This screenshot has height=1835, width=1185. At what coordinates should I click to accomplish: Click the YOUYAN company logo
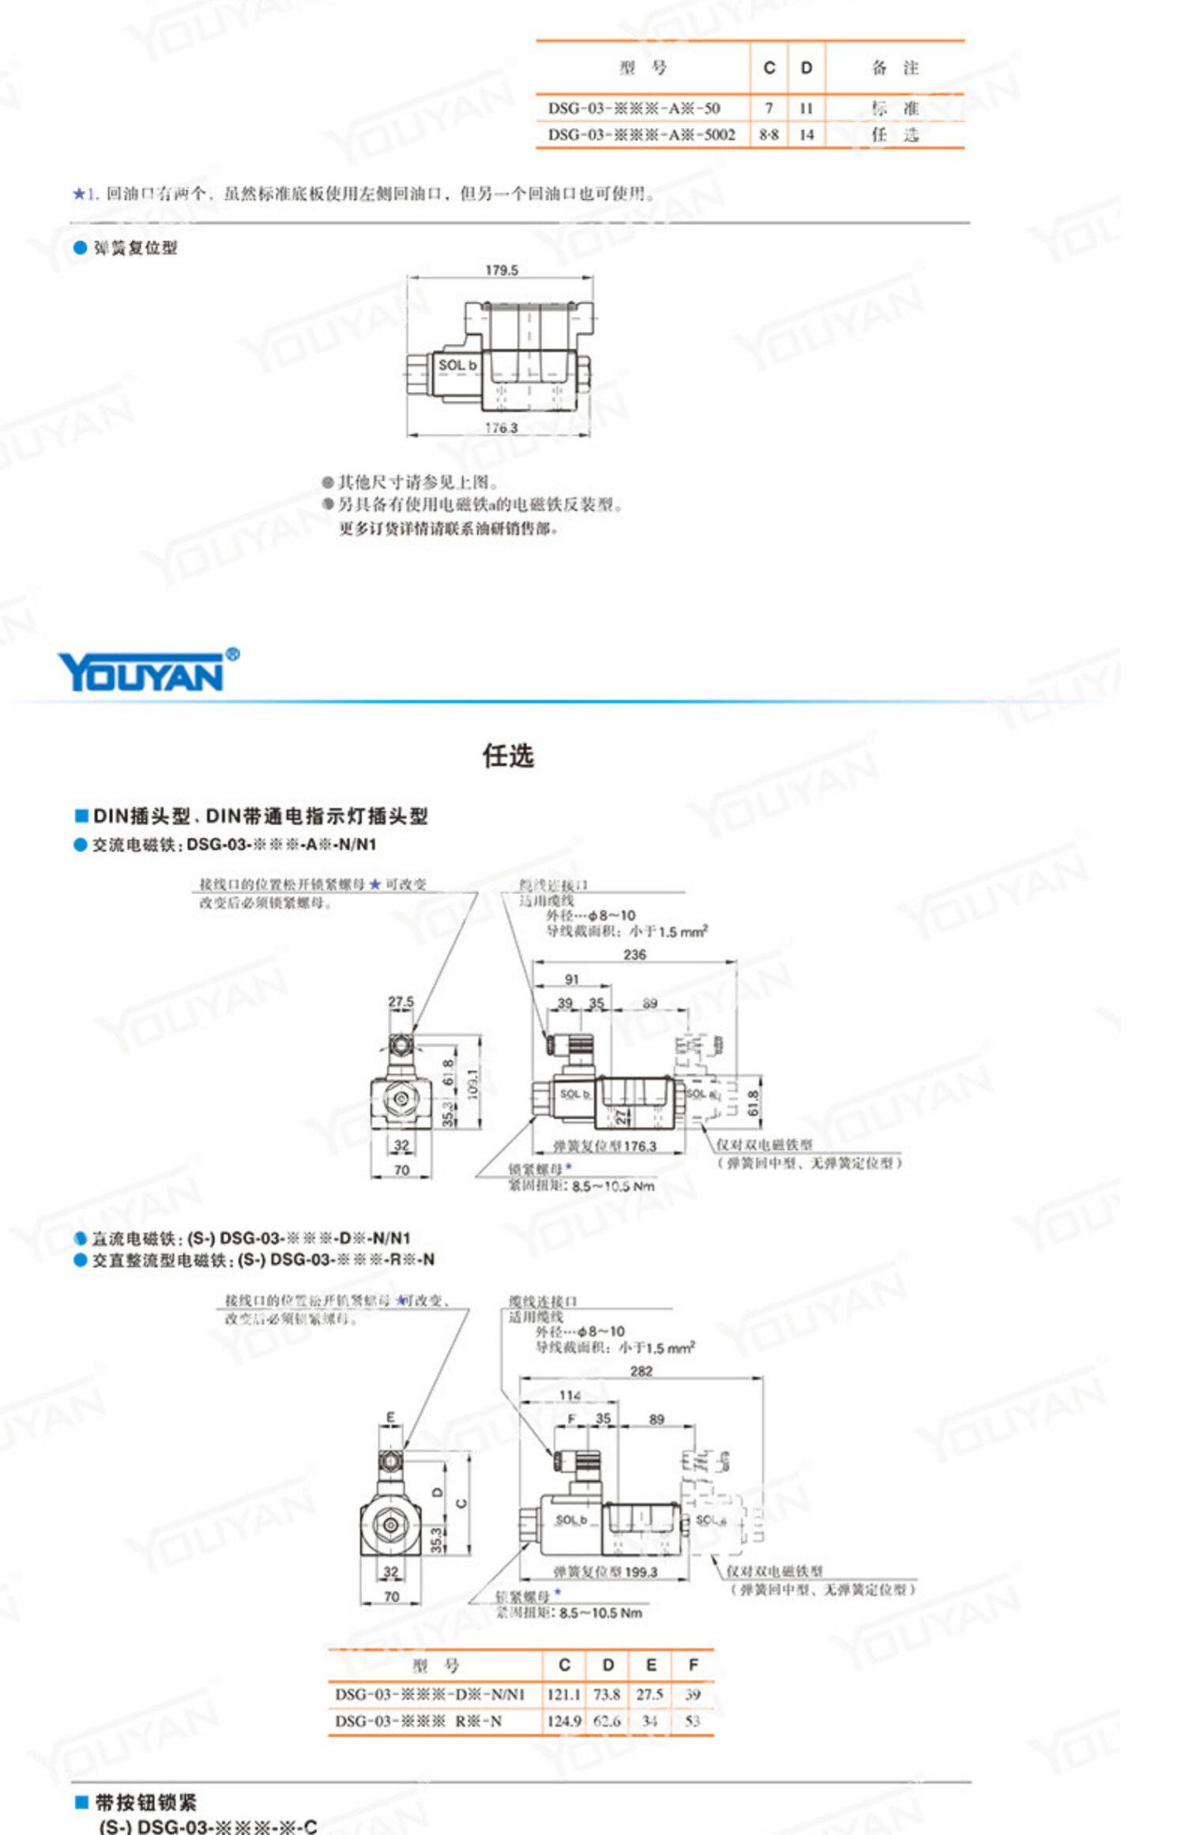[147, 672]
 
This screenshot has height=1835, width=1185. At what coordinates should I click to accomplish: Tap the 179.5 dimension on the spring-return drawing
[502, 270]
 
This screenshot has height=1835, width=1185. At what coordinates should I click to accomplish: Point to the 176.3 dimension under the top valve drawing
[502, 428]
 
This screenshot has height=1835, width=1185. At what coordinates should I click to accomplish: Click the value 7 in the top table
[769, 107]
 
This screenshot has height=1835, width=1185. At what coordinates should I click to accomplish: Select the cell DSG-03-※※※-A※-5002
[641, 134]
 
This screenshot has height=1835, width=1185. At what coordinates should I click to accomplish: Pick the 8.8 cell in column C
[769, 134]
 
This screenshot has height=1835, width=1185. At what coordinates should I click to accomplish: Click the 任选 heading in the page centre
[508, 755]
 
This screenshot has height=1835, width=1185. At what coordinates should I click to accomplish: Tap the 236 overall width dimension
[634, 954]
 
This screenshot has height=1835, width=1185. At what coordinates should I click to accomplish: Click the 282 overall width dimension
[641, 1370]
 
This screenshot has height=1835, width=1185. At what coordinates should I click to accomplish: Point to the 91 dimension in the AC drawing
[572, 979]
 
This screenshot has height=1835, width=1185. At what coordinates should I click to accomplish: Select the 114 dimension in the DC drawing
[570, 1395]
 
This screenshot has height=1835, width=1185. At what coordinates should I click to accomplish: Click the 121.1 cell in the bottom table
[564, 1694]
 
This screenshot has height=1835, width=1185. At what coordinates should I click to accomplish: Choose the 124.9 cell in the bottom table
[564, 1720]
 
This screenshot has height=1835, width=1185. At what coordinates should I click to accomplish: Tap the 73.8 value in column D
[607, 1694]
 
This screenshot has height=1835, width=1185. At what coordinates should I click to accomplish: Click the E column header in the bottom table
[651, 1665]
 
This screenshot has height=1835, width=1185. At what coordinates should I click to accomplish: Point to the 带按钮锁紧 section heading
[146, 1802]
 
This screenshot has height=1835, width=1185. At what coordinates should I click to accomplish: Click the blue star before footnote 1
[78, 194]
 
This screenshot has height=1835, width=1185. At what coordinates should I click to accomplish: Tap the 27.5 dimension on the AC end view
[401, 1001]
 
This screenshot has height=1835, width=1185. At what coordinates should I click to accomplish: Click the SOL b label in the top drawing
[457, 365]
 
